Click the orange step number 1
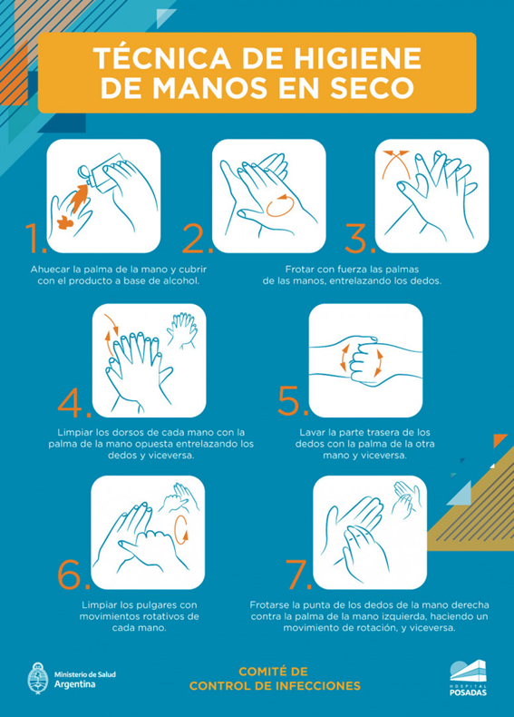point(35,238)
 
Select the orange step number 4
point(74,403)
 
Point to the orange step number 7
point(299,575)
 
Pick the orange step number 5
point(294,401)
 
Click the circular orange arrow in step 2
point(279,205)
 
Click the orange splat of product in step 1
point(66,222)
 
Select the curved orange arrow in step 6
point(181,529)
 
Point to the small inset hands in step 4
point(182,330)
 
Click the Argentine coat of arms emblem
point(37,678)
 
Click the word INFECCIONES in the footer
point(319,686)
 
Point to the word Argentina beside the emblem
point(75,684)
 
